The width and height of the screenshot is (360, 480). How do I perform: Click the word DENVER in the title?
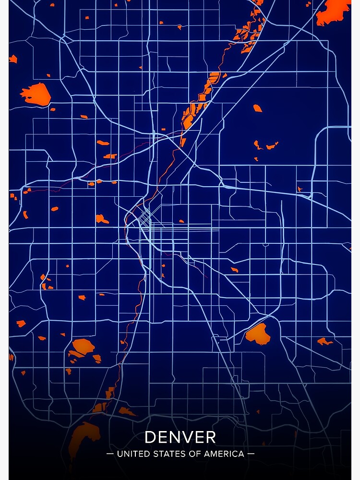(x=180, y=437)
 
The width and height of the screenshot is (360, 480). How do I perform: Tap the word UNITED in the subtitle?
(x=132, y=454)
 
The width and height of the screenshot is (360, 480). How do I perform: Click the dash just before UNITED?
(x=109, y=454)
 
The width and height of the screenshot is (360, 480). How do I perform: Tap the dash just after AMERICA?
(x=251, y=454)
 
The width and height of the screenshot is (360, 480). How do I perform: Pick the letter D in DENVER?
(x=150, y=437)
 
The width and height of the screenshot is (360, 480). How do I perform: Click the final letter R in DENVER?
(x=210, y=437)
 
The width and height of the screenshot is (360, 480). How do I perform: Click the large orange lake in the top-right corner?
(x=334, y=12)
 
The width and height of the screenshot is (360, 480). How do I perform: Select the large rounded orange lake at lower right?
(x=258, y=334)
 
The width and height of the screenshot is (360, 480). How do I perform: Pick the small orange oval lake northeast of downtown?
(x=258, y=108)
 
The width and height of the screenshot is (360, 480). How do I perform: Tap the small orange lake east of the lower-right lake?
(x=324, y=341)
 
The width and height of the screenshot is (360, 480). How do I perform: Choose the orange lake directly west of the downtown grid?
(x=101, y=218)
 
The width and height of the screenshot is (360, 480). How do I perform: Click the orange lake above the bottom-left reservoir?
(x=83, y=347)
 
